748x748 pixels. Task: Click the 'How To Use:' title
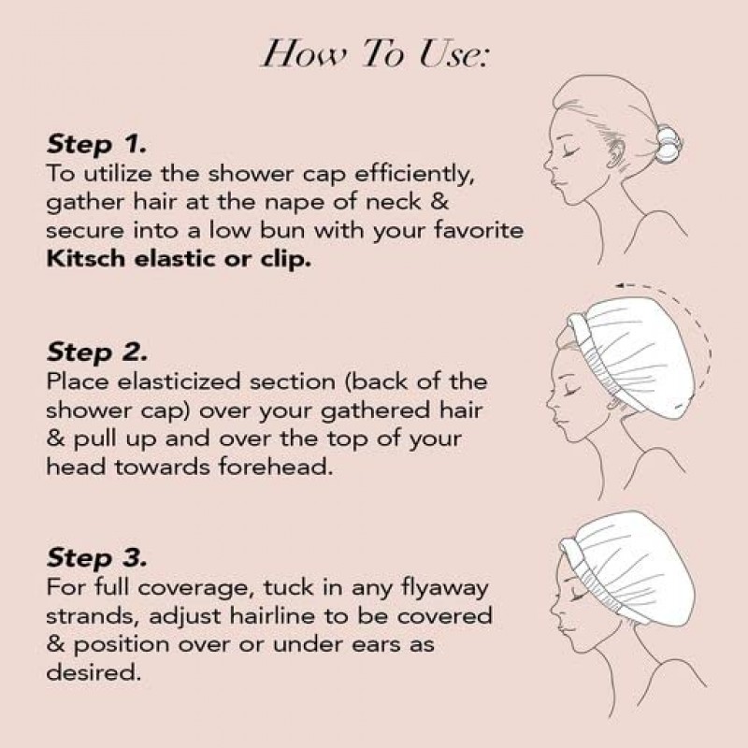coord(376,53)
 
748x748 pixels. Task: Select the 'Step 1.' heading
coord(96,145)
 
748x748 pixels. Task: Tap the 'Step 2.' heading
coord(97,352)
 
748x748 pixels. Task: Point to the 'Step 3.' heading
coord(97,558)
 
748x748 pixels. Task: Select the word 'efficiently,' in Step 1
coord(414,175)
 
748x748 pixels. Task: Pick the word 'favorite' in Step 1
coord(479,230)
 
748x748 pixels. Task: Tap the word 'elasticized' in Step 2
coord(179,381)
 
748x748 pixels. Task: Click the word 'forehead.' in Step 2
coord(276,466)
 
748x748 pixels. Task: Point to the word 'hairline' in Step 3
coord(272,616)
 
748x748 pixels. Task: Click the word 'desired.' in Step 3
coord(93,672)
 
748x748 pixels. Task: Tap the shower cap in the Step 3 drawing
coord(629,568)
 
